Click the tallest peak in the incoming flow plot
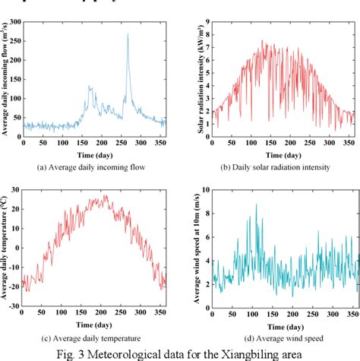(128, 34)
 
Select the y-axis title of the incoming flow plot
(5, 80)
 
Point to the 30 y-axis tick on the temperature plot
(15, 186)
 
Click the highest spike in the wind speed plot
(256, 204)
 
